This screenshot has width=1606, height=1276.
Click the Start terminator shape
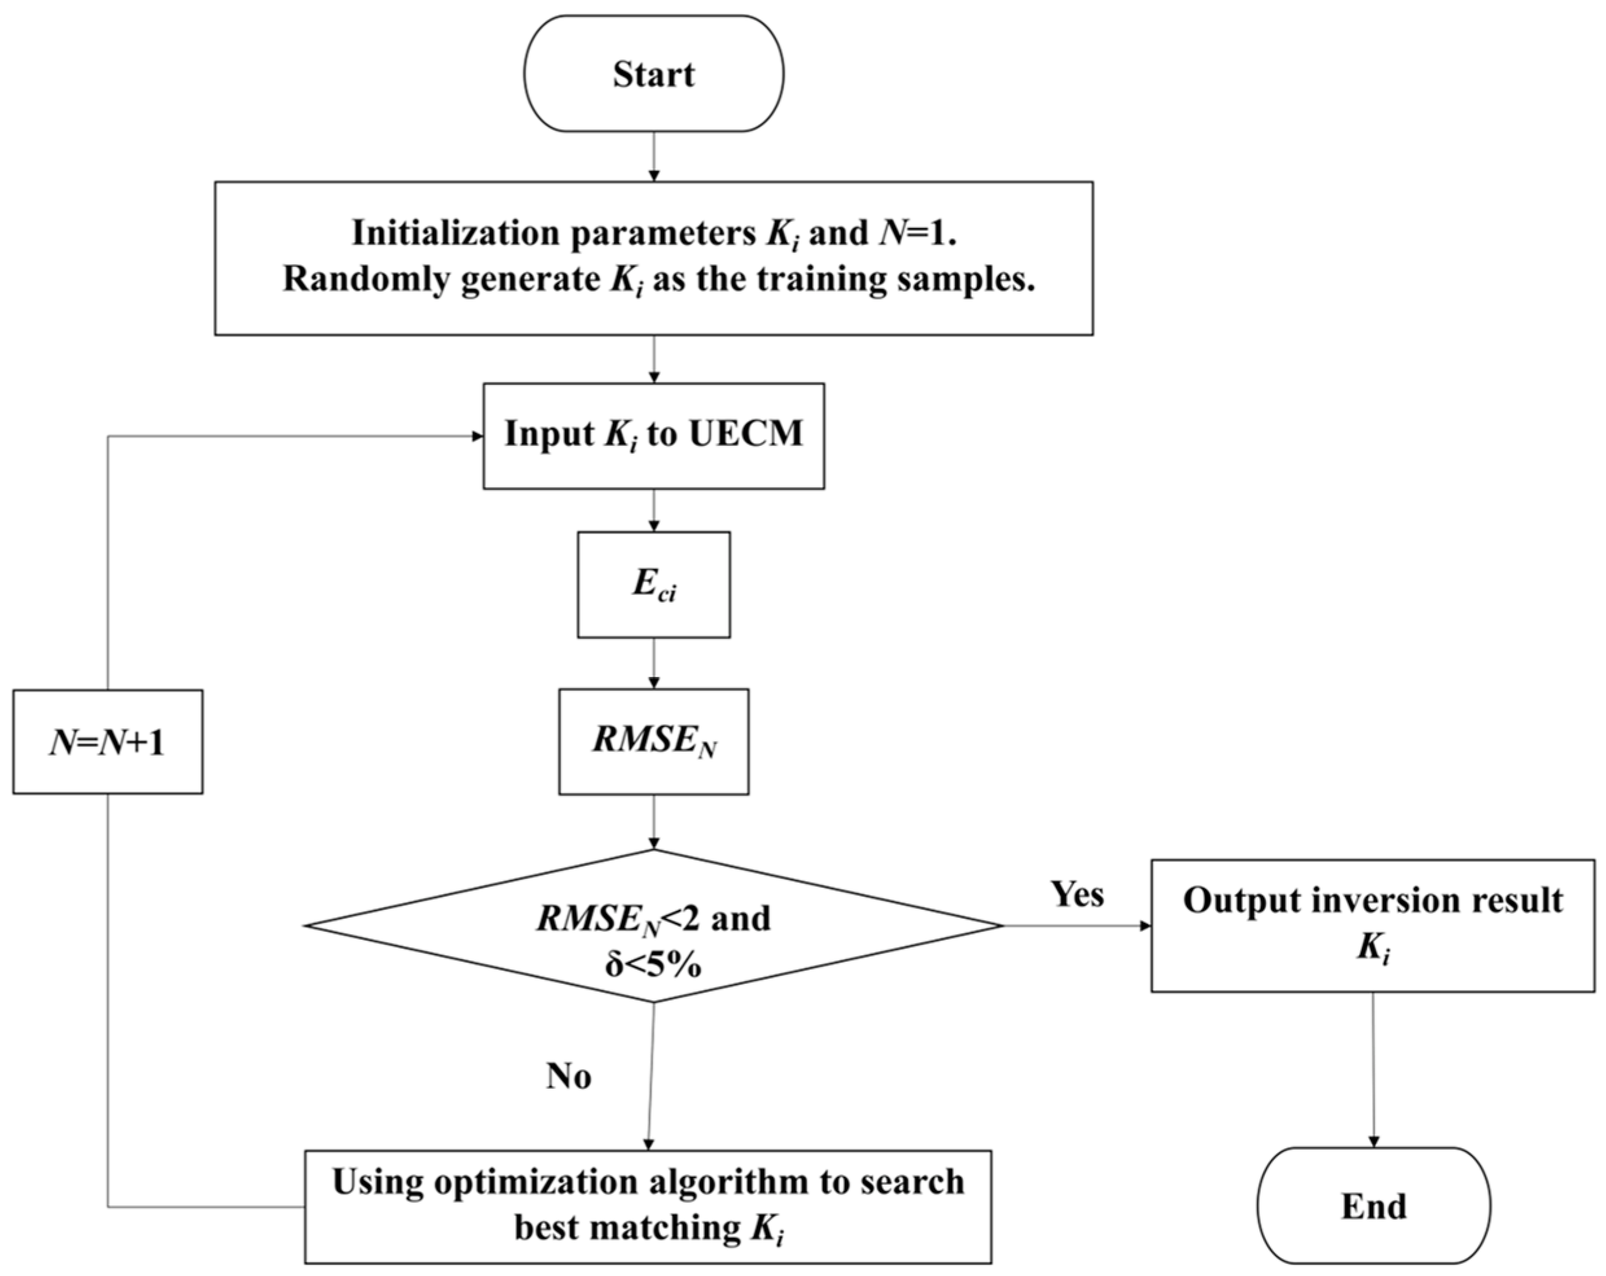(x=653, y=74)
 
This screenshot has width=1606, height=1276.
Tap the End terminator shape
(x=1373, y=1205)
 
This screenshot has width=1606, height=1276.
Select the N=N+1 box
(x=108, y=741)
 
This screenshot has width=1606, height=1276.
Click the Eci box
(x=653, y=585)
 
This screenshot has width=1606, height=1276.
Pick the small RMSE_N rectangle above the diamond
(x=653, y=741)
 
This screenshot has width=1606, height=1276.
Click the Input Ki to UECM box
(x=653, y=436)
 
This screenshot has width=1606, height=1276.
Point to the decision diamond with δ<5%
(x=653, y=925)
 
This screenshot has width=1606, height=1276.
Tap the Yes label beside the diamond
(x=1077, y=893)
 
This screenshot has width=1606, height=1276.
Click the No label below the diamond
(x=568, y=1076)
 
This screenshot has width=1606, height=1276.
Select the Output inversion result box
(x=1372, y=925)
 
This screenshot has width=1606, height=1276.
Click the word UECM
(x=746, y=434)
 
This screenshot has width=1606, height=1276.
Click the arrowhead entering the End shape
(x=1373, y=1141)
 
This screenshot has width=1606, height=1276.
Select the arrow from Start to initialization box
(x=653, y=157)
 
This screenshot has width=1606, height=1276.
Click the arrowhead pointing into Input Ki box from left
(x=477, y=437)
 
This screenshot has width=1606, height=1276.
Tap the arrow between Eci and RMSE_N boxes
(x=653, y=664)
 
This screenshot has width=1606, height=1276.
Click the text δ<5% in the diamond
(x=652, y=966)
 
